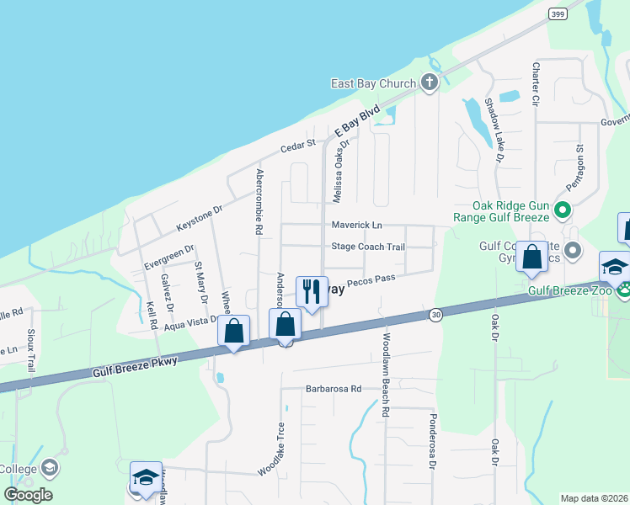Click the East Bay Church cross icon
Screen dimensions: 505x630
pyautogui.click(x=430, y=82)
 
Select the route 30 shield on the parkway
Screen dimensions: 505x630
pyautogui.click(x=435, y=314)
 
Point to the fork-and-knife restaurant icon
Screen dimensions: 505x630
pyautogui.click(x=312, y=291)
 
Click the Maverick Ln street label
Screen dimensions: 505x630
pyautogui.click(x=356, y=226)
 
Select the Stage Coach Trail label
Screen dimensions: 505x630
pyautogui.click(x=368, y=247)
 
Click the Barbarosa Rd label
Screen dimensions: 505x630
pyautogui.click(x=333, y=389)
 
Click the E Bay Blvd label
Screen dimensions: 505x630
pyautogui.click(x=358, y=121)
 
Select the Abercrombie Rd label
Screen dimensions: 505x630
pyautogui.click(x=259, y=201)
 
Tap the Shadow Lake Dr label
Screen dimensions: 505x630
pyautogui.click(x=494, y=130)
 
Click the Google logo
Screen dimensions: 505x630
pyautogui.click(x=28, y=495)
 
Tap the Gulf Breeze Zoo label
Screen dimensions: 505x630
pyautogui.click(x=569, y=291)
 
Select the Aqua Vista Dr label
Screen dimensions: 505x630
pyautogui.click(x=191, y=324)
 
